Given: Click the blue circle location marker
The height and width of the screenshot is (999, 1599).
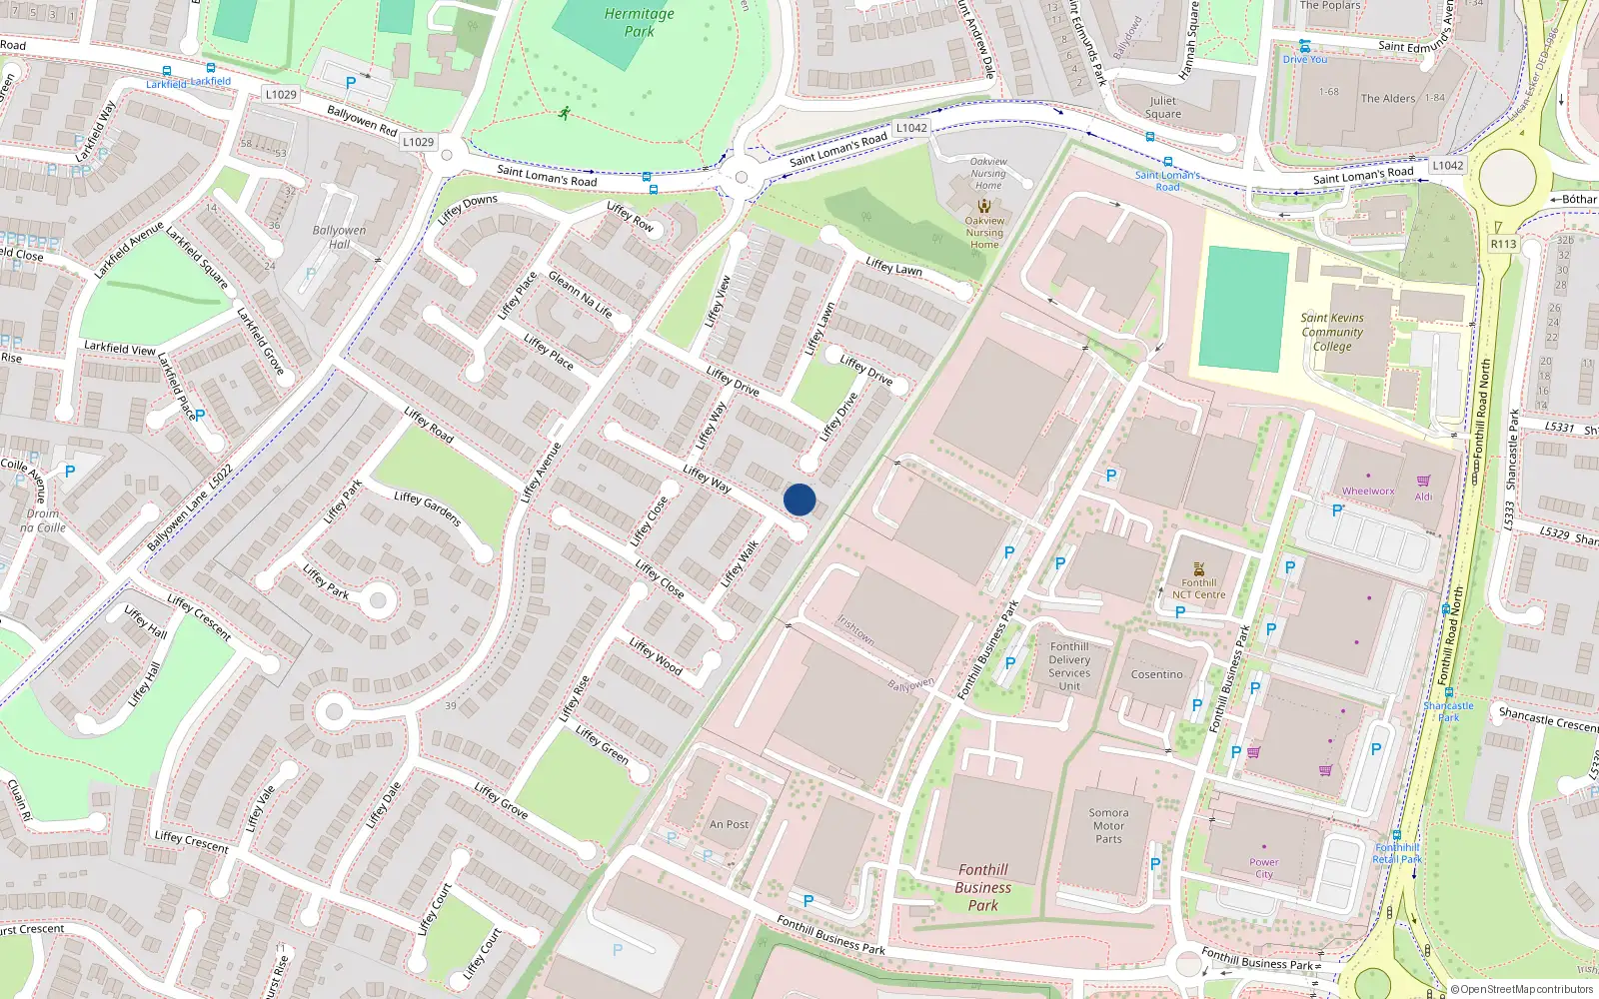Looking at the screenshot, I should [x=799, y=499].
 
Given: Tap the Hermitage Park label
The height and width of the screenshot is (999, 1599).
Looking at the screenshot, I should [x=639, y=22].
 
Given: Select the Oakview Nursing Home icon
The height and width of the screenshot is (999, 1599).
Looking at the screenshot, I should [x=984, y=206].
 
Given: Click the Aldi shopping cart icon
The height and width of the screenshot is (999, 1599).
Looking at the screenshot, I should [x=1423, y=481].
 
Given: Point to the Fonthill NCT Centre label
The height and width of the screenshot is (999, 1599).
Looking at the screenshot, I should [x=1198, y=588].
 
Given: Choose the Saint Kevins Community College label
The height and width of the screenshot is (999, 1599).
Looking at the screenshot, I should [x=1332, y=332].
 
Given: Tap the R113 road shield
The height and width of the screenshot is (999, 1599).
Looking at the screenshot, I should [x=1503, y=244].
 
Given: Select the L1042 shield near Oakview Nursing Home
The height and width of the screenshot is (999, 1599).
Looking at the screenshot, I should [x=911, y=128].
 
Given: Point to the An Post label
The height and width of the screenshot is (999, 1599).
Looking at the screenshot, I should [x=729, y=824].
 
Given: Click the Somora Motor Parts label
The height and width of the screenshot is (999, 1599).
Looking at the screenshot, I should [x=1108, y=826].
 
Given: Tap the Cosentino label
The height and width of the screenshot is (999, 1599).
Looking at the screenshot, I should [x=1156, y=674].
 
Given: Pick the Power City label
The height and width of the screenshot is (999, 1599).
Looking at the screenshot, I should [x=1264, y=868].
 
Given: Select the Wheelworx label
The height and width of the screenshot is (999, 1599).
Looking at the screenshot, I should [x=1367, y=491].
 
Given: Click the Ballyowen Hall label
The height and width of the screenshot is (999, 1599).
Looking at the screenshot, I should [x=339, y=237].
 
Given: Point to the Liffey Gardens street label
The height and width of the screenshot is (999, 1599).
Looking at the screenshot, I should [x=427, y=508].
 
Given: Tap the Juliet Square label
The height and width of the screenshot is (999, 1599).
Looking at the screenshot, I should [x=1162, y=107].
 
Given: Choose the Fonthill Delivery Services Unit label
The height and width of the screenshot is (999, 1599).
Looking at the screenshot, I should [x=1069, y=666].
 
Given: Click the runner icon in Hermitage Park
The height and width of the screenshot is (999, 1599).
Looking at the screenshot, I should [x=565, y=113].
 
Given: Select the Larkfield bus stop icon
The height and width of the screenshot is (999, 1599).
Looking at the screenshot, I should [x=166, y=71].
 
